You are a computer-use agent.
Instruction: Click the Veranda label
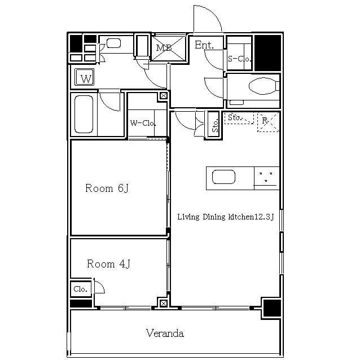165,333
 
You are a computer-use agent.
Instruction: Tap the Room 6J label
107,188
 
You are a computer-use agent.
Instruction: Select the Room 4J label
108,264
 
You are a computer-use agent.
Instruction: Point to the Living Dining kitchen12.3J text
226,217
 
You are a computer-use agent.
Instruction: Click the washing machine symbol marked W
85,77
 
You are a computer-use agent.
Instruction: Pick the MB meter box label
164,48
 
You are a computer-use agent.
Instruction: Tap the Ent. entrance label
204,45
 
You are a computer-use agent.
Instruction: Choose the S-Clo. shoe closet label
239,59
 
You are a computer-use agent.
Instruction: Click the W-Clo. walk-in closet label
143,123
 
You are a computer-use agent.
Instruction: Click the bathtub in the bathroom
84,114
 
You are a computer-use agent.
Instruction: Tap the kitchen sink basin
223,177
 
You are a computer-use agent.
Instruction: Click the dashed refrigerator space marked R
268,122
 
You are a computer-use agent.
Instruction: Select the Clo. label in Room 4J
80,289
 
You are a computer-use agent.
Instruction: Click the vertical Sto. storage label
214,125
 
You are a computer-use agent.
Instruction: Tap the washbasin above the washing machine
113,43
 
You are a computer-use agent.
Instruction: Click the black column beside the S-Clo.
267,53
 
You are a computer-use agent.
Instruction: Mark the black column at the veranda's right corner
272,308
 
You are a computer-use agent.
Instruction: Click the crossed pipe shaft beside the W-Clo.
164,95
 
